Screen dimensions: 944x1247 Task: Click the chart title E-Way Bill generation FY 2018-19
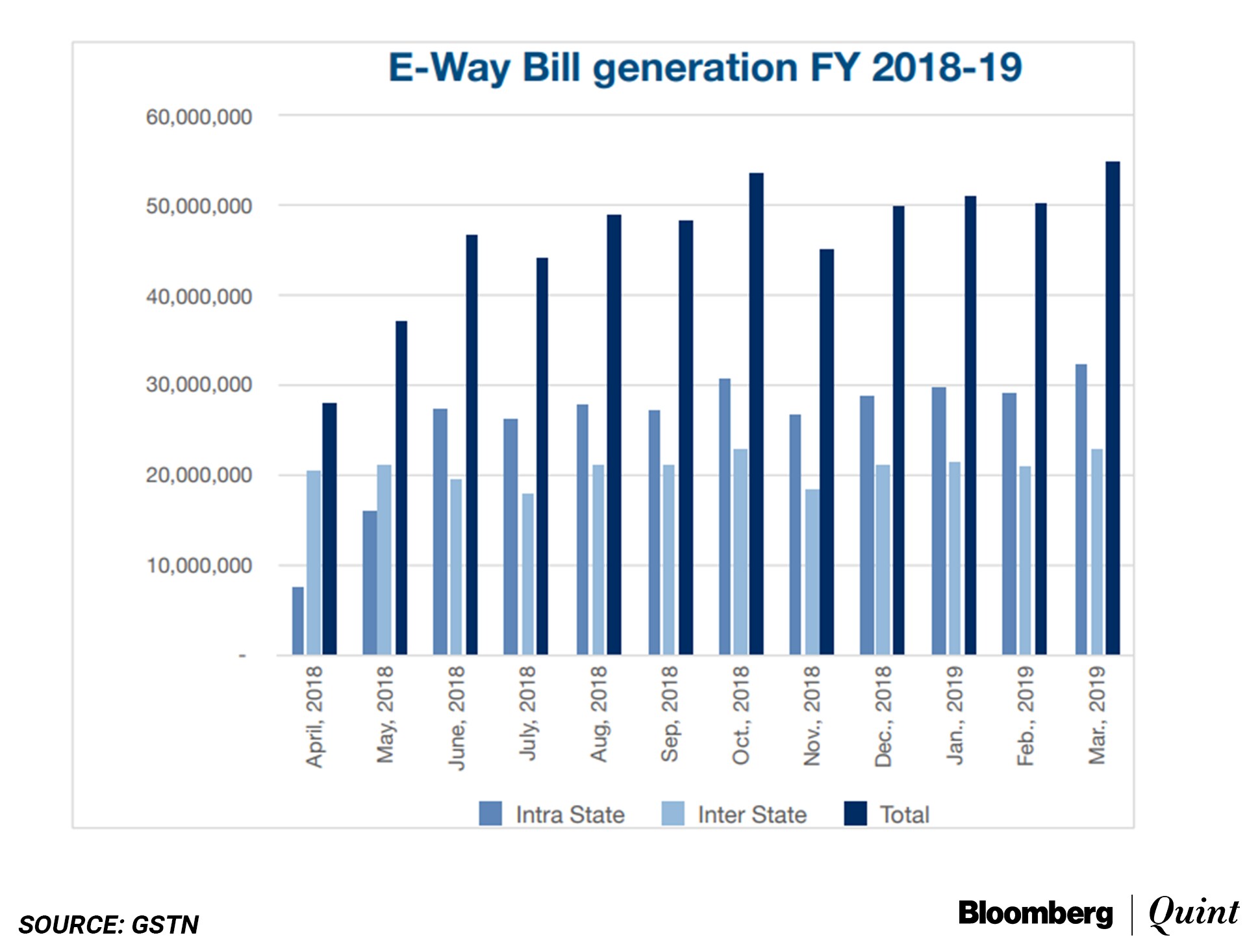[705, 68]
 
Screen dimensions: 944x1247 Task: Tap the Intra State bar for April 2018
[297, 620]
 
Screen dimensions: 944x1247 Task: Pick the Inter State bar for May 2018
[384, 559]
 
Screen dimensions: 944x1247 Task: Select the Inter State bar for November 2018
[812, 572]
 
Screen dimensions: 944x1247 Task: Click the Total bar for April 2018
[329, 529]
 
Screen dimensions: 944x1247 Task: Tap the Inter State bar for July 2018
[528, 574]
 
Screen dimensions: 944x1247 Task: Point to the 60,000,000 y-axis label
[199, 118]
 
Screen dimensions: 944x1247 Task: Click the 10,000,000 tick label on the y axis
[199, 566]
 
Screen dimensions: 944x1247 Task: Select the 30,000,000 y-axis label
[199, 385]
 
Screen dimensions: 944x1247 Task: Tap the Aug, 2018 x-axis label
[598, 714]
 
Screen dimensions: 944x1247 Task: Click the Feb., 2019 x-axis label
[1026, 717]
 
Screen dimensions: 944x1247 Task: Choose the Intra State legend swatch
[490, 813]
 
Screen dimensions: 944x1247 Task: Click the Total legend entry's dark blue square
[855, 813]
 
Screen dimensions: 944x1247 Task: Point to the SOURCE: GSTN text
[108, 925]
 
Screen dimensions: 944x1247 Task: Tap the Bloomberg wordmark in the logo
[1035, 913]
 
